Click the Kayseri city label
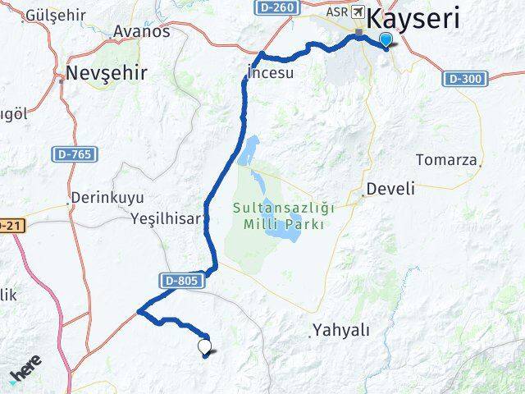[424, 18]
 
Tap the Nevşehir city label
[107, 72]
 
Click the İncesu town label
[271, 73]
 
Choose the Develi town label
[391, 189]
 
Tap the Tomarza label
[447, 159]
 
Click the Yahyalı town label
[341, 331]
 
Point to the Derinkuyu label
[107, 198]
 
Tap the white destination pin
[204, 348]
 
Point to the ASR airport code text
[336, 11]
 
